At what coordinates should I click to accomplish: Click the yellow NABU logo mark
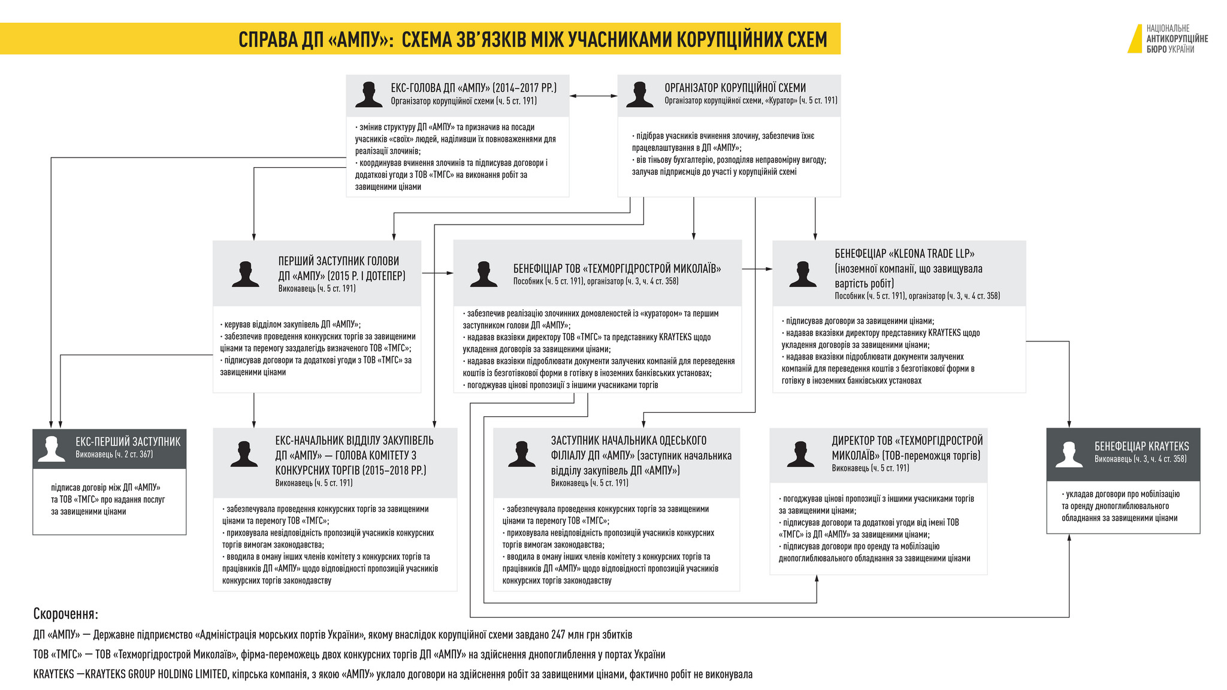tap(1135, 39)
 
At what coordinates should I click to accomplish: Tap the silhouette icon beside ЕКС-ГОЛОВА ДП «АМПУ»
tap(368, 95)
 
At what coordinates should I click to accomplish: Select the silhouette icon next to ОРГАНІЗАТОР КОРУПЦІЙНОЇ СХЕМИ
tap(639, 95)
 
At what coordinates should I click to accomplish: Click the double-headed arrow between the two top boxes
tap(593, 95)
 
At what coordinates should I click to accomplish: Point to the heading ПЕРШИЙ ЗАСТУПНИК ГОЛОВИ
tap(339, 261)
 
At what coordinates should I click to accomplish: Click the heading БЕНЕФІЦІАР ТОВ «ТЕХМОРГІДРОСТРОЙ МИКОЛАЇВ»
tap(617, 268)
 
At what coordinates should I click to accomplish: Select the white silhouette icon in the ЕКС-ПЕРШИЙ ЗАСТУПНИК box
tap(52, 449)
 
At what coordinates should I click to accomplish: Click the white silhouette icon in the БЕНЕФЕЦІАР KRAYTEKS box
tap(1069, 454)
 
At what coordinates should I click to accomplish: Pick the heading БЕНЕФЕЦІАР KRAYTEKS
tap(1142, 446)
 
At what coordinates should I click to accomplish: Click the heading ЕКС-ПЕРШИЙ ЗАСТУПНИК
tap(128, 441)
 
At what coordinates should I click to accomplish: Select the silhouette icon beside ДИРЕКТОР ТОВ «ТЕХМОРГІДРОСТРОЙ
tap(800, 454)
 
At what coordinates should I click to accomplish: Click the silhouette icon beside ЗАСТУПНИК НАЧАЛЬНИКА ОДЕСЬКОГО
tap(521, 454)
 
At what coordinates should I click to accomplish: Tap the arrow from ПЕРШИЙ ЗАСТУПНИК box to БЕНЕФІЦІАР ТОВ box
tap(437, 273)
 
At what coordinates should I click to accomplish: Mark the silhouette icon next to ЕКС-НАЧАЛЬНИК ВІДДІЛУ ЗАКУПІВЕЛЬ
tap(244, 454)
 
